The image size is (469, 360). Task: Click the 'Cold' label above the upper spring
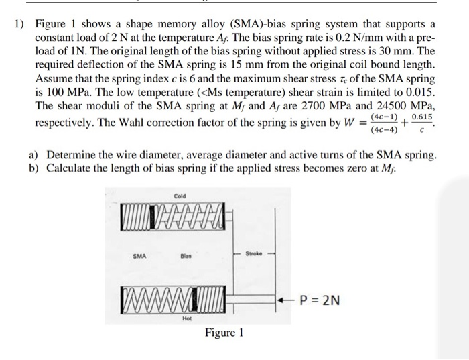coord(180,196)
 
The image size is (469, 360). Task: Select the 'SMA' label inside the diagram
coord(139,255)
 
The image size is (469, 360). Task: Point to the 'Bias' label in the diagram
coord(186,255)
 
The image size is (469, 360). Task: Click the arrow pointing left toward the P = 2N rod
coord(284,300)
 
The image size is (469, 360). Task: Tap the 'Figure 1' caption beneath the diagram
coord(224,333)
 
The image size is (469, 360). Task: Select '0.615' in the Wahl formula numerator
coord(422,117)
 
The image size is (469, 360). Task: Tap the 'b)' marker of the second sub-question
coord(35,168)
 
